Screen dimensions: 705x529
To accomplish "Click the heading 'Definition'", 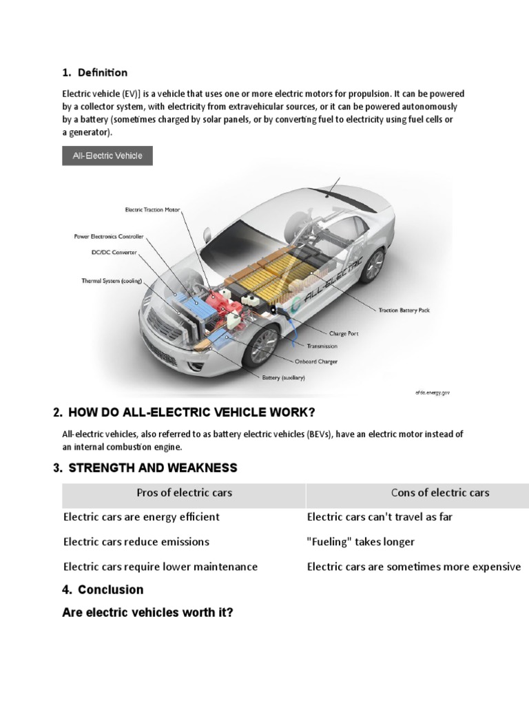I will pos(102,72).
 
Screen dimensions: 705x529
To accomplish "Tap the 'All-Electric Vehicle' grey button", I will pos(107,156).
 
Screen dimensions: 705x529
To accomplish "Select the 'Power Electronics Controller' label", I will pos(109,236).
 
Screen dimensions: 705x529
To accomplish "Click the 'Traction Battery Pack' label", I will pos(404,311).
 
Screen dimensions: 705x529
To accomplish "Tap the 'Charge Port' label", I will pos(343,333).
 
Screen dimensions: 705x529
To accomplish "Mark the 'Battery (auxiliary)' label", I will pos(283,377).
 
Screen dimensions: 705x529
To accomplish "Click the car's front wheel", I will pos(263,345).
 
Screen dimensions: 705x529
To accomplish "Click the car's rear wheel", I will pos(373,266).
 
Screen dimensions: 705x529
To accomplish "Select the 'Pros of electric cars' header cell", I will pos(184,492).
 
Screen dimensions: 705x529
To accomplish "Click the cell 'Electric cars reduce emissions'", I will pos(136,542).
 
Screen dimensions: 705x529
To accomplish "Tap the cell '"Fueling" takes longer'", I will pos(361,542).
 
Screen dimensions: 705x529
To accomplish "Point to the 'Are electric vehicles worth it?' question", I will pos(147,612).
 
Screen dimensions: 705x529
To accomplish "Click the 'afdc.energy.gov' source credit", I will pos(433,392).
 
